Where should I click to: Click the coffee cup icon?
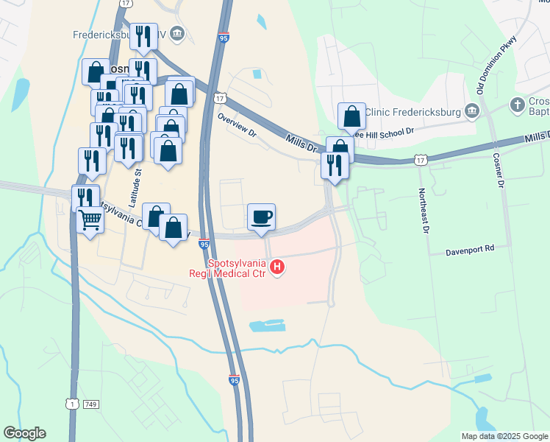coord(262,217)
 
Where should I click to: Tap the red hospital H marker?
coord(277,267)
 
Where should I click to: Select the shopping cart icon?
coord(90,220)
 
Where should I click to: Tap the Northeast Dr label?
coord(423,211)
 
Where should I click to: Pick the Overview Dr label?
coord(236,125)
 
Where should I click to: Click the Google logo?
coord(24,433)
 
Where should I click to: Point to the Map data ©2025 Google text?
coord(504,436)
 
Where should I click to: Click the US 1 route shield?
coord(71,404)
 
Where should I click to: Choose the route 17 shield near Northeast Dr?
coord(420,159)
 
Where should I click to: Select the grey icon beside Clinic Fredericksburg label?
coord(472,111)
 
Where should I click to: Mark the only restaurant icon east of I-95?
coord(334,166)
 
